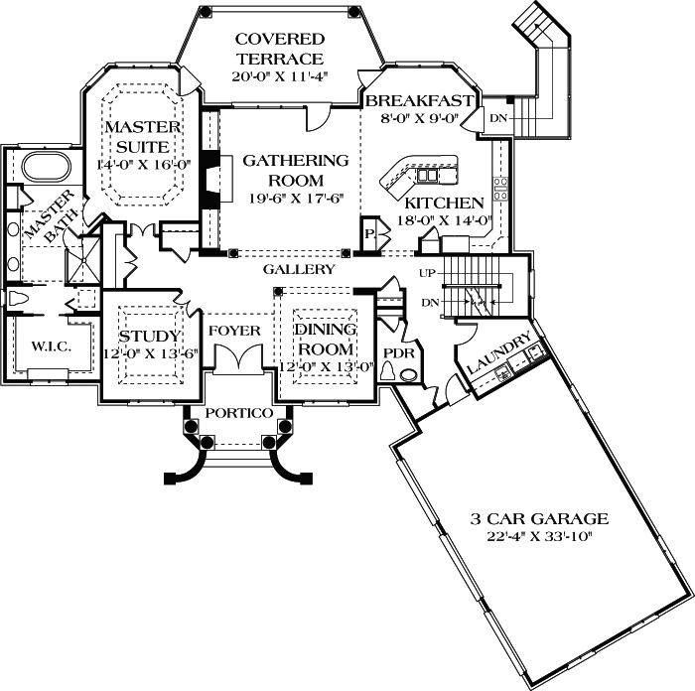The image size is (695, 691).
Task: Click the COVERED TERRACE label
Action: click(279, 49)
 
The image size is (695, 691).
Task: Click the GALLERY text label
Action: click(298, 269)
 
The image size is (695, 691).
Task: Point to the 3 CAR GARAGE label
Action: click(539, 518)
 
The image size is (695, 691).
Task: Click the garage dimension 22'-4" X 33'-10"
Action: click(539, 536)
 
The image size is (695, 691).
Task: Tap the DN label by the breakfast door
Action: click(495, 118)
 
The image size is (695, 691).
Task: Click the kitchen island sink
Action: click(427, 176)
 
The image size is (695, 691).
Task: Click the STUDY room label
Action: click(149, 336)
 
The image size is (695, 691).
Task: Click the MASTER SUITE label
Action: click(142, 136)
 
